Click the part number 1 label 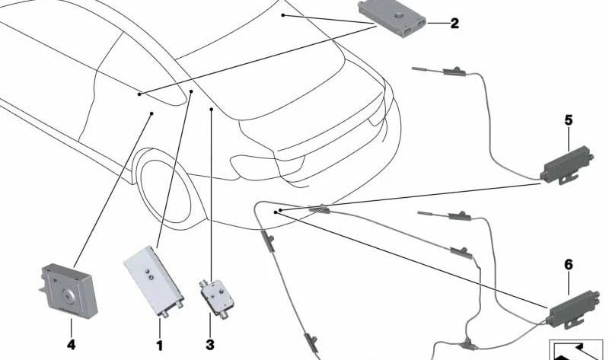coord(160,346)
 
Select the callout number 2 coord(454,24)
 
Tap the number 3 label coord(210,346)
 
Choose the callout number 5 coord(569,120)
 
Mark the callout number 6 coord(569,265)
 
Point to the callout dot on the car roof coord(282,14)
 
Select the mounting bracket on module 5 coord(563,180)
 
